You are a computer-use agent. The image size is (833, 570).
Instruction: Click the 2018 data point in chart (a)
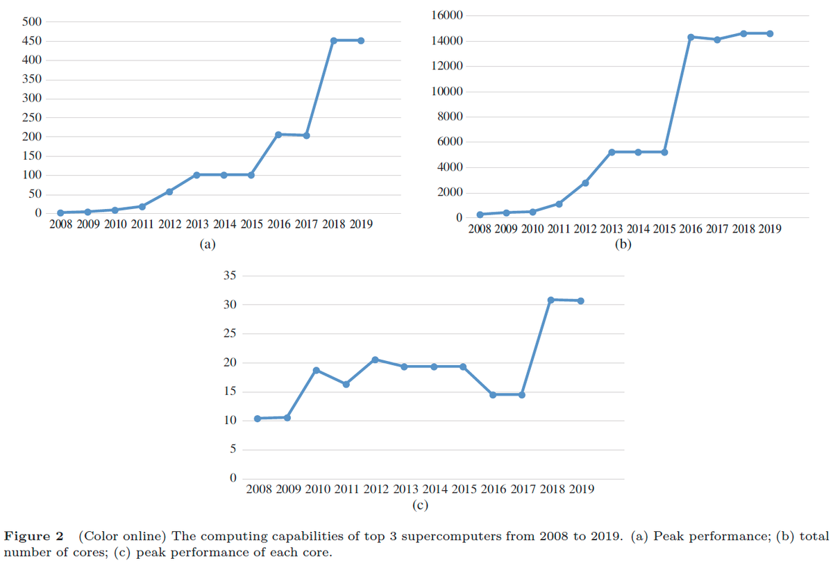click(x=334, y=40)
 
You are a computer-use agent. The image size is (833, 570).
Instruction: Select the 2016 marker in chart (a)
click(x=278, y=134)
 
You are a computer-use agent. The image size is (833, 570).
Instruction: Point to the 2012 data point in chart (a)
click(x=169, y=192)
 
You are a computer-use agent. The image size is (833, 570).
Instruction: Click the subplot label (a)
click(x=207, y=244)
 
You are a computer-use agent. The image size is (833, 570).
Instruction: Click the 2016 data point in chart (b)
click(x=691, y=37)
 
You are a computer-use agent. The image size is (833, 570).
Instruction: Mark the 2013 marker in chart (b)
click(x=612, y=152)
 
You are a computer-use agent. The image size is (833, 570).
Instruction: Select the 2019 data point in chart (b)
click(x=770, y=33)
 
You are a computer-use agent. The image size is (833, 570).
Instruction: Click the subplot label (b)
click(x=623, y=244)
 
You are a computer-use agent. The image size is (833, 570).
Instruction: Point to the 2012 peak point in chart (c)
click(x=375, y=360)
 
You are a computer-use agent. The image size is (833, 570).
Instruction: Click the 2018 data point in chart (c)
click(x=550, y=300)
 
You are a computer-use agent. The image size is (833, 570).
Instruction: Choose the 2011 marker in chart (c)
click(x=346, y=384)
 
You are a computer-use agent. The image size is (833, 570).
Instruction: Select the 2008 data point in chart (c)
click(x=258, y=419)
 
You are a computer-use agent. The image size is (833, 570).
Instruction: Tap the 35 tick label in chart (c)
click(x=230, y=276)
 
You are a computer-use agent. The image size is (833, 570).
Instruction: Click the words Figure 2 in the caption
click(x=34, y=537)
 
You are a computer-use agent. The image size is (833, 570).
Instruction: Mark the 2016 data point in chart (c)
click(x=493, y=394)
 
